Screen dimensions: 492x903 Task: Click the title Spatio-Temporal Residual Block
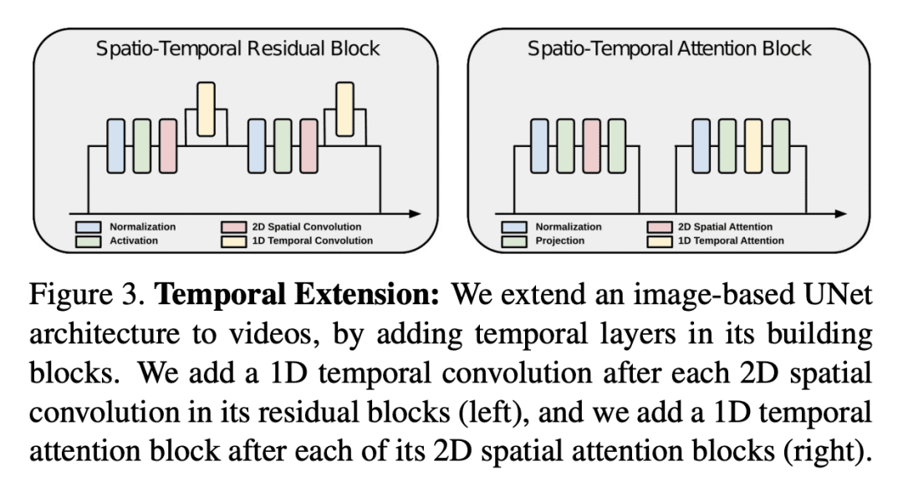tap(237, 48)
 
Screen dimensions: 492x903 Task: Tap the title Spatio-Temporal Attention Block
tap(669, 48)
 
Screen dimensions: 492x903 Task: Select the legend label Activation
tap(134, 241)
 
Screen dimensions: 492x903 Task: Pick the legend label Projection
tap(559, 241)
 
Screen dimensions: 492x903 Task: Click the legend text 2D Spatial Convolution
tap(307, 226)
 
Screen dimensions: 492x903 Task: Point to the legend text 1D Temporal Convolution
tap(312, 241)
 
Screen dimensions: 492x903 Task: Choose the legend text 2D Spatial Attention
tap(724, 226)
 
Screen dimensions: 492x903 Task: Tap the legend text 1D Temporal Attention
tap(730, 241)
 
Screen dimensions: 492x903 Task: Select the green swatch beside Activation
tap(88, 241)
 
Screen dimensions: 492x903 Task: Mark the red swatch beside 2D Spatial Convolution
tap(232, 226)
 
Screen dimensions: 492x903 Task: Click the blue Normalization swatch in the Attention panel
tap(513, 226)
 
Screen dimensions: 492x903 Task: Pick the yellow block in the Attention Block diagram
tap(754, 146)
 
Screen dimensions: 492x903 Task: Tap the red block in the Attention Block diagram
tap(592, 146)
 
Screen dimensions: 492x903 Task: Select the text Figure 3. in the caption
tap(87, 296)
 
